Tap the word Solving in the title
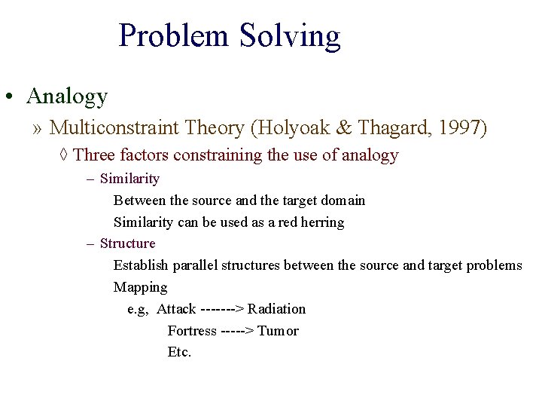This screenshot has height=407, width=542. click(290, 36)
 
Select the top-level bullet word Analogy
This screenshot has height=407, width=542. click(67, 96)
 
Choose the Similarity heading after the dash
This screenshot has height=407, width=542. click(129, 179)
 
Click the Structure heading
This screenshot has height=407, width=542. click(127, 243)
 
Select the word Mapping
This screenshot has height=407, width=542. click(140, 287)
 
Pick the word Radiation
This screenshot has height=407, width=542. click(276, 309)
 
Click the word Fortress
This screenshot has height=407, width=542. click(192, 331)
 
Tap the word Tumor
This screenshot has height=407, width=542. click(278, 331)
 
